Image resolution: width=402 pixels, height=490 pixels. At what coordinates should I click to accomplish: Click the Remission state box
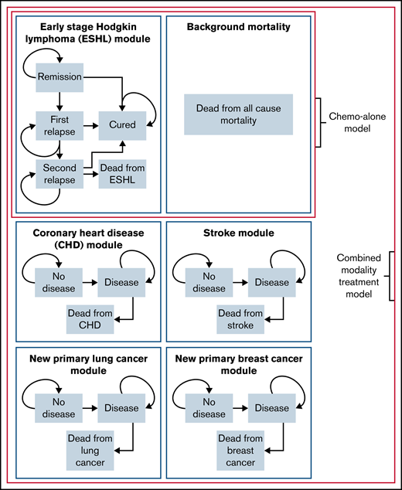(59, 77)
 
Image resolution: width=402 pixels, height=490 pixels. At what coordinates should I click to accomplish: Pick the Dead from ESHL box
(122, 173)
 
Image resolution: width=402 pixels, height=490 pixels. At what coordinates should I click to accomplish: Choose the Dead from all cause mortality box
(238, 114)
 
